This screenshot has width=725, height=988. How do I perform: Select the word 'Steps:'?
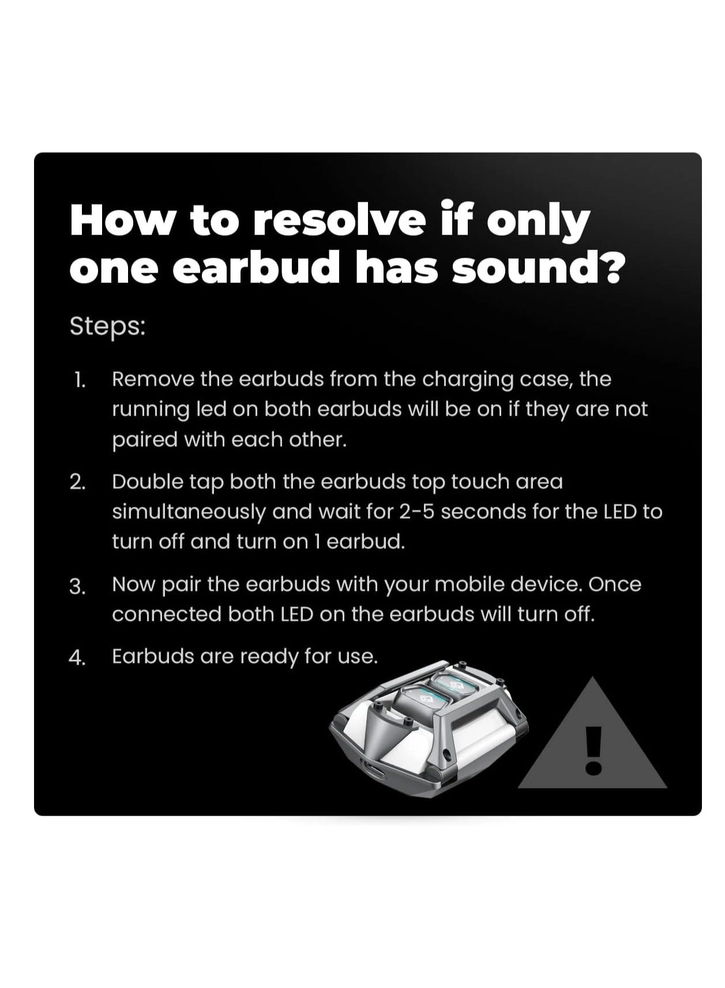point(107,326)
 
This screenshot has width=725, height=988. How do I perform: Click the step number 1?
point(80,380)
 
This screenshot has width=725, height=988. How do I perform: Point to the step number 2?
point(78,482)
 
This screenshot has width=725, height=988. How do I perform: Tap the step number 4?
point(78,658)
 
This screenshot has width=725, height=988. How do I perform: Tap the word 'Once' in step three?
point(615,584)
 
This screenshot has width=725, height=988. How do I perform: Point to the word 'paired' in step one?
point(145,440)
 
